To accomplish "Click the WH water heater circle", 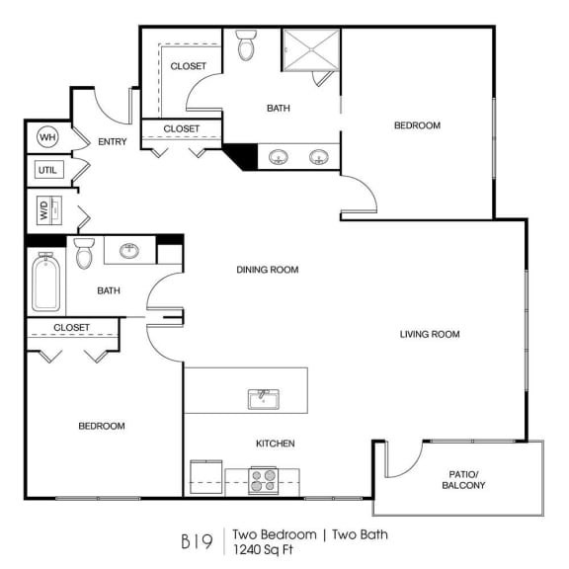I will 46,136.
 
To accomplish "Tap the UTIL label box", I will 47,170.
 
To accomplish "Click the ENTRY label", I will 112,142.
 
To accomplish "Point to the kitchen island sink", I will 263,399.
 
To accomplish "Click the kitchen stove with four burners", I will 263,481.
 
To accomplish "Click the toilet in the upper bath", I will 247,45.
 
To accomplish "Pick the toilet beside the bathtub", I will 84,253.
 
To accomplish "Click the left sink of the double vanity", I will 280,156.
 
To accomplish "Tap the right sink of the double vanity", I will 319,156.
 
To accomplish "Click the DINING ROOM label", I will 267,270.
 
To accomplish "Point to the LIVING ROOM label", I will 430,334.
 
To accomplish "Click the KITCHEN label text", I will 276,444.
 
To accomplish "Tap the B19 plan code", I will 195,541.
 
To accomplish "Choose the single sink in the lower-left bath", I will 129,251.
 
